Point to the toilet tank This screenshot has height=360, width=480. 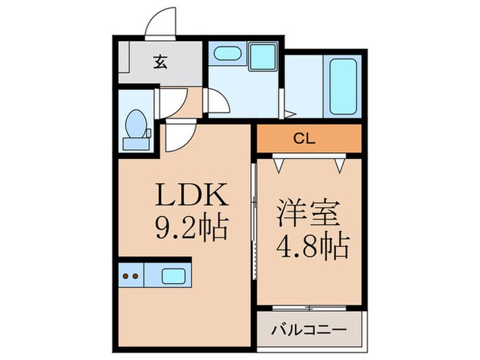click(135, 143)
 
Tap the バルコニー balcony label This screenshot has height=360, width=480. click(309, 330)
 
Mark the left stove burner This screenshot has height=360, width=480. click(127, 276)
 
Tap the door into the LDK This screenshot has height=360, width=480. click(177, 141)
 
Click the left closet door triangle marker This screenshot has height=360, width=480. click(278, 163)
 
